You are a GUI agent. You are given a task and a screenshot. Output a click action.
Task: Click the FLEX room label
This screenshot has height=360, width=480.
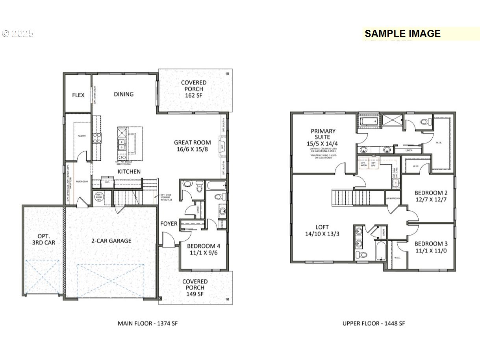click(x=78, y=95)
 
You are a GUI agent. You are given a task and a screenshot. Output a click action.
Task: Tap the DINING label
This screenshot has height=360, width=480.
click(x=124, y=94)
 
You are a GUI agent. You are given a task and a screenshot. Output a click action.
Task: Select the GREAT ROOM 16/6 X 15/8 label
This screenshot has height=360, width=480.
click(x=193, y=146)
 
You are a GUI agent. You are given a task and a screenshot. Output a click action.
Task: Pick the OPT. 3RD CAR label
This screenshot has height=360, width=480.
click(x=44, y=239)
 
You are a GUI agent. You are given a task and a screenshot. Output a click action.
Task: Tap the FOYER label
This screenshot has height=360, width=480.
click(x=169, y=224)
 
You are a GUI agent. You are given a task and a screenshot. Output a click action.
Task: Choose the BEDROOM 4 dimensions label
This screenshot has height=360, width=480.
click(x=204, y=250)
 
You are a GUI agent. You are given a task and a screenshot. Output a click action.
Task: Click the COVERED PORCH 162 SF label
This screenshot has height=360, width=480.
click(x=194, y=89)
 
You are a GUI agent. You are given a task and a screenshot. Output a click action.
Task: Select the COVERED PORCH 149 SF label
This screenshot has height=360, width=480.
click(x=195, y=288)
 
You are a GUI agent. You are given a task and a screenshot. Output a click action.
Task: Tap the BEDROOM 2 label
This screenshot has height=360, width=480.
click(x=431, y=196)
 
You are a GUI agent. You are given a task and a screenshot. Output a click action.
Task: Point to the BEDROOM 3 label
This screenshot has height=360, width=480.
click(x=431, y=247)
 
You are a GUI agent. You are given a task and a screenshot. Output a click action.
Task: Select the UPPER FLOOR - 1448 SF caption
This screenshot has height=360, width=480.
click(x=373, y=323)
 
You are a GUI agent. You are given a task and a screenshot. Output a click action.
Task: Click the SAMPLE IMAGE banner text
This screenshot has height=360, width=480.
click(x=402, y=34)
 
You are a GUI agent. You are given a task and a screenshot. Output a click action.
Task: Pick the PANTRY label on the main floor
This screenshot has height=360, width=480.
click(x=82, y=136)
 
